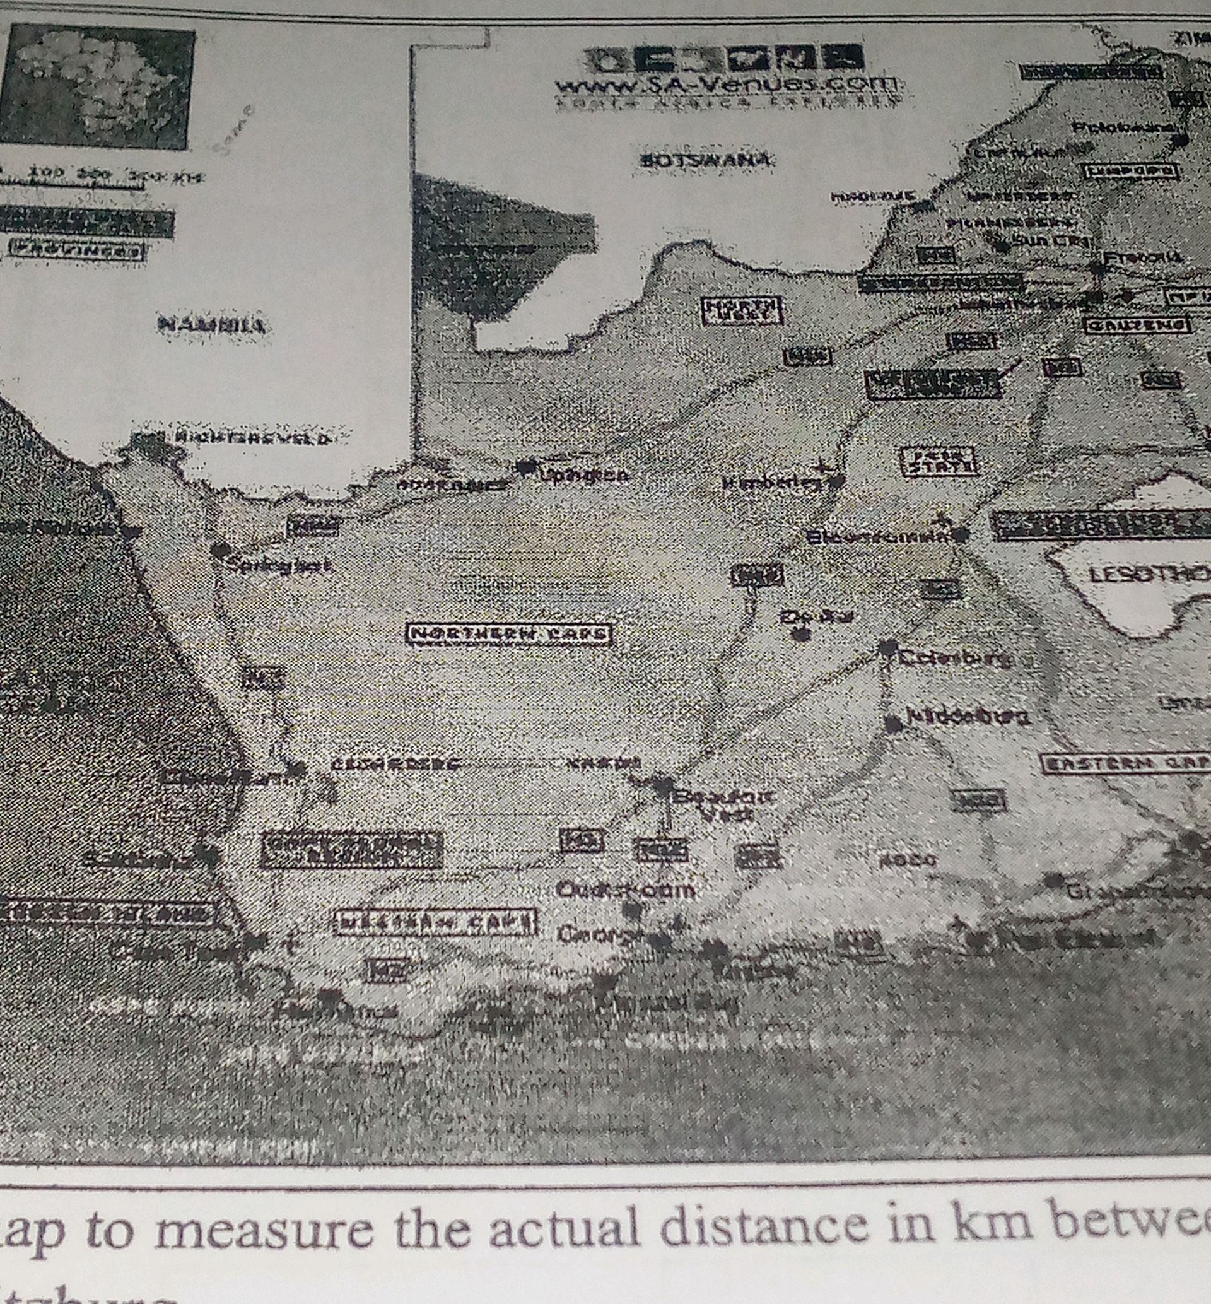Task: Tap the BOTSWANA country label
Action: click(x=704, y=160)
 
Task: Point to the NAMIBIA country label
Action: click(x=211, y=324)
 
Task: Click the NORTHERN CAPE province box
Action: click(x=509, y=633)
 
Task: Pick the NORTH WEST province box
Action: click(x=742, y=310)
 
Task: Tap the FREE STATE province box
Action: click(x=939, y=461)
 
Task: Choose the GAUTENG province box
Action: click(x=1136, y=324)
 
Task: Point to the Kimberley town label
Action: click(x=771, y=484)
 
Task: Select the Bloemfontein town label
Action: click(x=878, y=537)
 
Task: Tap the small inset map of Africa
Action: click(x=98, y=85)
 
